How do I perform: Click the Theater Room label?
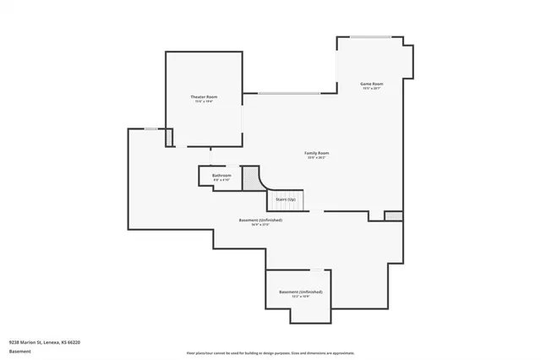tap(204, 97)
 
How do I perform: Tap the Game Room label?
tap(373, 84)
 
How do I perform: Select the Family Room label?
tap(317, 153)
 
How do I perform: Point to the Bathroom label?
tap(221, 175)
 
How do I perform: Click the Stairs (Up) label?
tap(286, 199)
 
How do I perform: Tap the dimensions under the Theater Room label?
tap(204, 102)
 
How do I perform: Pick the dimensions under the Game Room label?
tap(373, 89)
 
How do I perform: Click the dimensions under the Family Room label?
tap(317, 158)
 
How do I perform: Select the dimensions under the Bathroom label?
tap(221, 180)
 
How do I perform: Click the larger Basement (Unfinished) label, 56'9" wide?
tap(260, 220)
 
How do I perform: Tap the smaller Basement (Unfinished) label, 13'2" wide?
tap(300, 292)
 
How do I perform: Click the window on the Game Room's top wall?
tap(371, 37)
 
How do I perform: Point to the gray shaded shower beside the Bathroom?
tap(250, 177)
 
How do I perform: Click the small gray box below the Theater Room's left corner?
tap(169, 137)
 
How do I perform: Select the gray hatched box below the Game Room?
tap(393, 216)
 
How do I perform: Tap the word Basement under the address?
tap(19, 351)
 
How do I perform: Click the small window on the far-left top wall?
tap(150, 128)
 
